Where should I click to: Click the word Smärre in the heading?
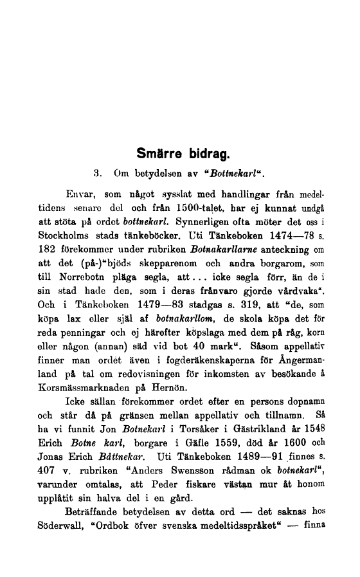tap(159, 155)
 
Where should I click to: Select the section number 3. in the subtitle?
tap(98, 173)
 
